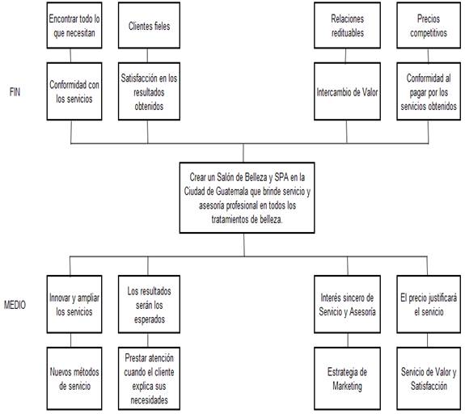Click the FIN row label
15,92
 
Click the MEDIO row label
15,305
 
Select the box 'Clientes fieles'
149,26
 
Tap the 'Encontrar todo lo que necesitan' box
74,26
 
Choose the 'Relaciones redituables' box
347,26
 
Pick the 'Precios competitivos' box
429,26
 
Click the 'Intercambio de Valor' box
347,91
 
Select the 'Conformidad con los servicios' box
74,91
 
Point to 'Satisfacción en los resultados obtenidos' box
149,91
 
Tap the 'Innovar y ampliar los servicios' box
74,304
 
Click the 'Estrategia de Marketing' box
347,378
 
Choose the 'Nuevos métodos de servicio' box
74,378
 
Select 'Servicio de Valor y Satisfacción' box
429,378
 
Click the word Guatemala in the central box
232,192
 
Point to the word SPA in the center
281,177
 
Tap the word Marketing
347,387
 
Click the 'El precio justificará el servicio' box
429,304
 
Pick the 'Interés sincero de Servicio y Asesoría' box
347,304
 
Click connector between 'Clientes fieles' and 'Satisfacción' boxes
147,56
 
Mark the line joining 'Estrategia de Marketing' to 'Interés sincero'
348,340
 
